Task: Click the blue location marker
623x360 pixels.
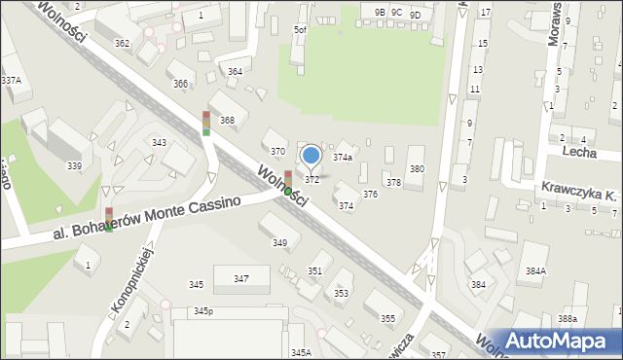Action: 311,155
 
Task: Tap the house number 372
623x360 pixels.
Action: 311,180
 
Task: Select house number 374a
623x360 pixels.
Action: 343,157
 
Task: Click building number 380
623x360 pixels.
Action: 417,169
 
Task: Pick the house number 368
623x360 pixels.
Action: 227,121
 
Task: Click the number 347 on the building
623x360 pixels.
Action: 240,279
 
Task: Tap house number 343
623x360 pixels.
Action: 159,143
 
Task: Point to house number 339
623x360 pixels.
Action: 74,166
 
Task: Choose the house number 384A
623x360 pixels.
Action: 563,272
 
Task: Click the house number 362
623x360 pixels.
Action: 122,44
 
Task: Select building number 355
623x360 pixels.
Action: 387,319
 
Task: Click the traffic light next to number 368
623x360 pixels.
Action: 206,123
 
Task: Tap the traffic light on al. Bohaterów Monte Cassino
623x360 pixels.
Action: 108,218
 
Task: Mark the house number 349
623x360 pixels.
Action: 279,242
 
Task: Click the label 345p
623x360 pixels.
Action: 202,311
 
